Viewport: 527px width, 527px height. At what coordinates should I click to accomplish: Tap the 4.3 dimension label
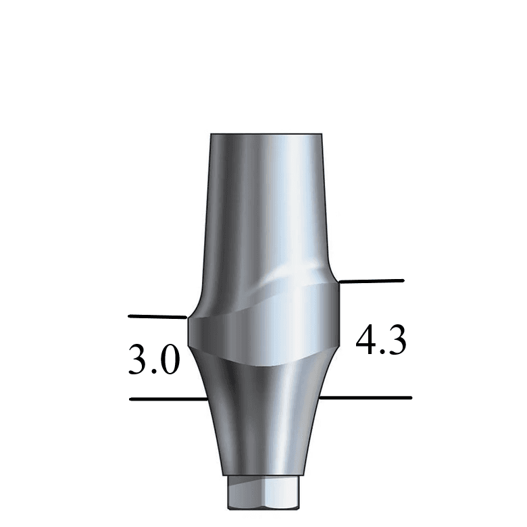point(382,340)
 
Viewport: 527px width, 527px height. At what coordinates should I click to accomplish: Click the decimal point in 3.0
point(153,372)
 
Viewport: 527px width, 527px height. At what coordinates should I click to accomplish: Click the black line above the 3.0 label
point(157,316)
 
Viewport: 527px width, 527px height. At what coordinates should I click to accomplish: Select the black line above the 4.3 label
point(371,280)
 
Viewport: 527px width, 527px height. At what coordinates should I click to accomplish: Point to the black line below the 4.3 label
point(365,398)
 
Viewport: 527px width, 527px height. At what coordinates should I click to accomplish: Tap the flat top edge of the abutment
point(266,134)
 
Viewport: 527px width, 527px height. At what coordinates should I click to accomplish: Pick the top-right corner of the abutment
point(322,135)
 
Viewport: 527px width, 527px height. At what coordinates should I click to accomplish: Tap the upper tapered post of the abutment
point(265,203)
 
